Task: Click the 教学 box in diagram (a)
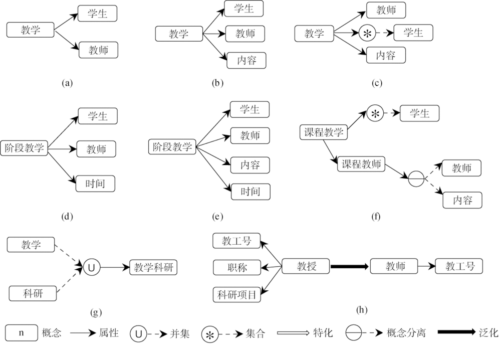(x=31, y=30)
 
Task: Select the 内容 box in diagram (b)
(x=246, y=60)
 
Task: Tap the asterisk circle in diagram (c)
(x=367, y=33)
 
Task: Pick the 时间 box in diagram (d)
(x=95, y=184)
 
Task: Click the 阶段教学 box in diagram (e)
(x=172, y=147)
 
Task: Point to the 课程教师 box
(x=361, y=164)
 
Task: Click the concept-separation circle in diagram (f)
(x=416, y=178)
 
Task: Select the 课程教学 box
(x=323, y=132)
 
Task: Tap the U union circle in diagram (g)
(x=91, y=267)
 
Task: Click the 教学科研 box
(x=153, y=267)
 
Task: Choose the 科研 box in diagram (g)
(x=33, y=293)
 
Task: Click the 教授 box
(x=306, y=266)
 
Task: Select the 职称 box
(x=237, y=267)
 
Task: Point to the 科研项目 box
(x=237, y=294)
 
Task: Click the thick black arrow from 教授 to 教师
(x=350, y=266)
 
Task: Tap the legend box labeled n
(x=22, y=333)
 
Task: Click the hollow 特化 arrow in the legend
(x=293, y=333)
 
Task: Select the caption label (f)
(x=376, y=217)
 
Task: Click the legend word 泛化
(x=488, y=332)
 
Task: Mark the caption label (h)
(x=362, y=309)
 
